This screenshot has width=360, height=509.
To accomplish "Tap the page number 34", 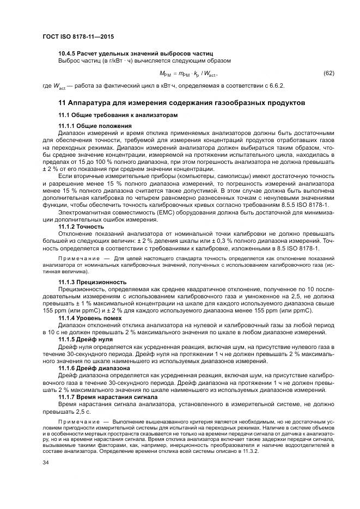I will pyautogui.click(x=45, y=463).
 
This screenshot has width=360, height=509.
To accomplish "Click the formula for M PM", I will pyautogui.click(x=188, y=73).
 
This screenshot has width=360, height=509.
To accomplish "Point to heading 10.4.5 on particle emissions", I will pyautogui.click(x=135, y=53).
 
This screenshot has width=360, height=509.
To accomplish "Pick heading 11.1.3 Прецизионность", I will pyautogui.click(x=93, y=281).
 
